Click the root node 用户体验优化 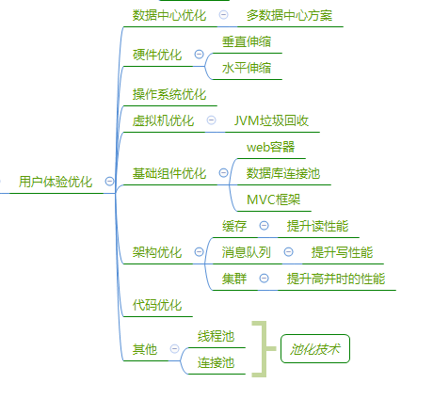56,182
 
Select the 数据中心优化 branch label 169,15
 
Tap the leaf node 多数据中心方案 289,15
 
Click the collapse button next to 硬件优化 199,55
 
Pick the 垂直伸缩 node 247,41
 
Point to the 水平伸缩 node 247,68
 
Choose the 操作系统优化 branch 169,94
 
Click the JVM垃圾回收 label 271,120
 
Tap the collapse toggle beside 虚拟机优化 212,120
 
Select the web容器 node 270,147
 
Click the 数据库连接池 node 283,173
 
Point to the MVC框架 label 273,200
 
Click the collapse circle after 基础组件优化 223,173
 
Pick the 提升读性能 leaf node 317,226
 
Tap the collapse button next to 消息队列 288,252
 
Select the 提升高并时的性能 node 336,279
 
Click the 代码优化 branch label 157,305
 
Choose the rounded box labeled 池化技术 315,349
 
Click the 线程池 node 216,336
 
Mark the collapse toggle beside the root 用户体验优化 109,182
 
